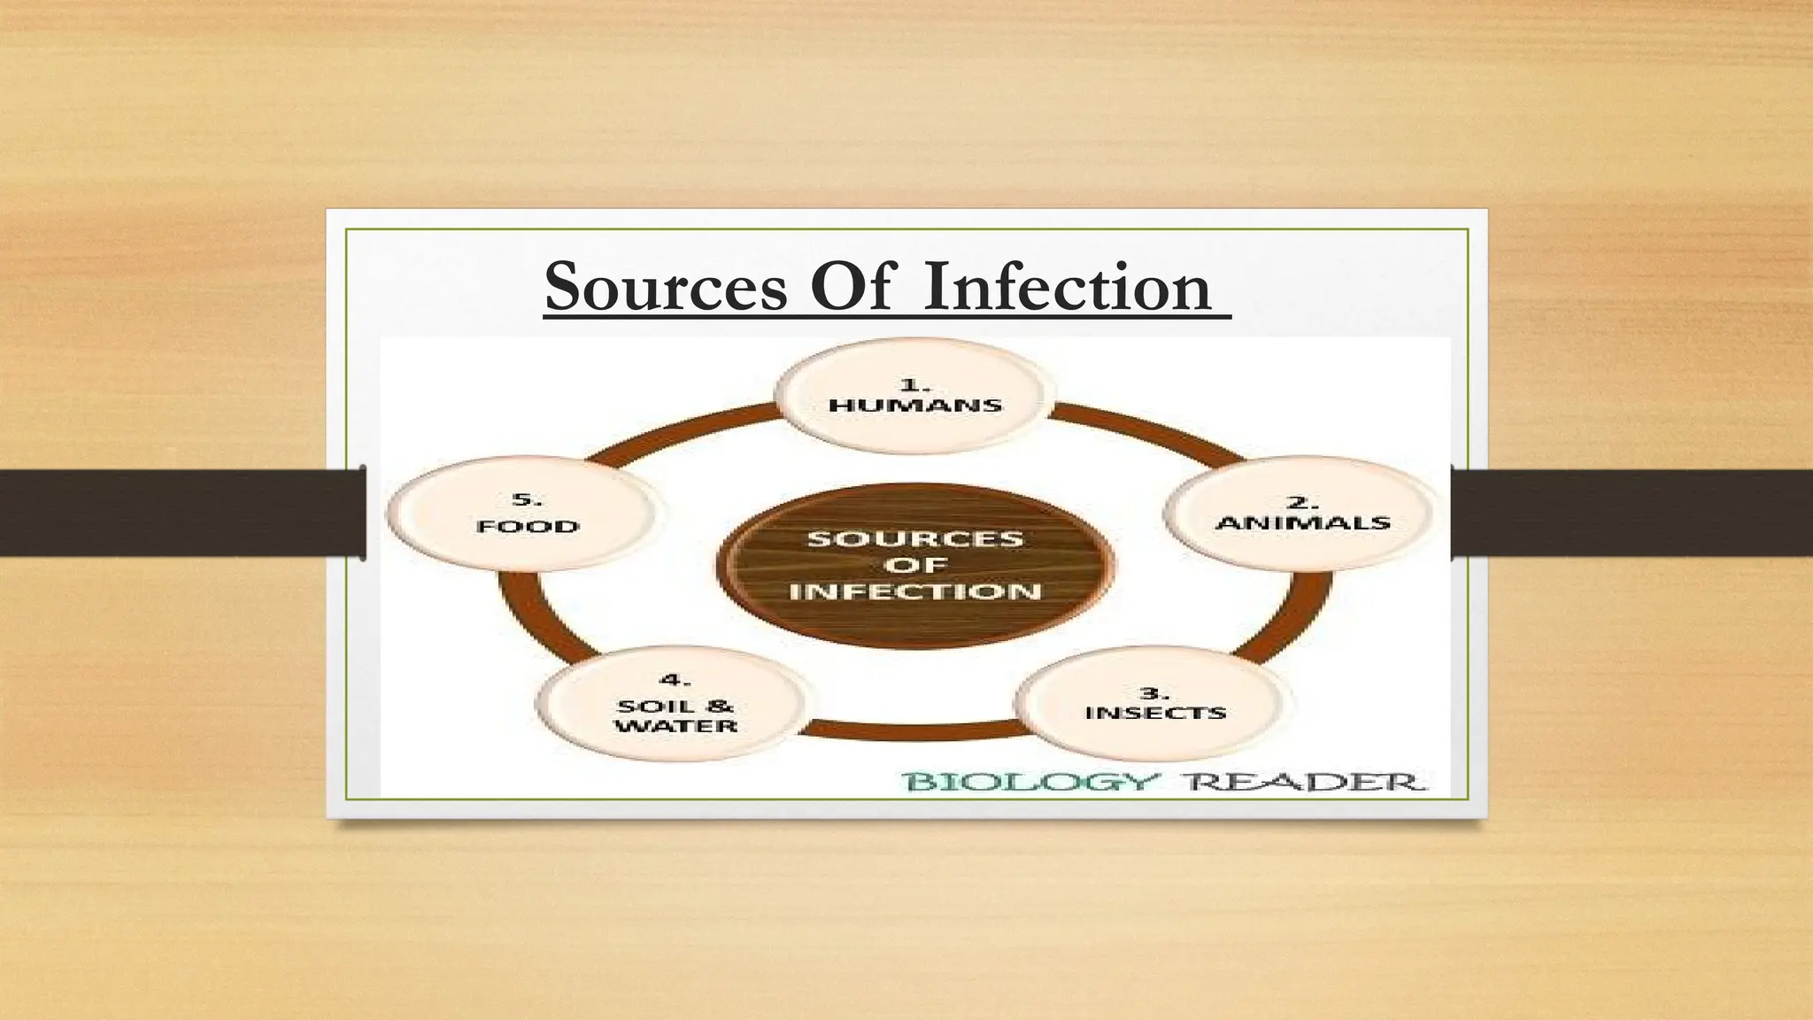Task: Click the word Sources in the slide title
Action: click(665, 287)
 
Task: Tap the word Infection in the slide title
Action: click(1066, 287)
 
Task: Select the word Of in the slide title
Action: click(854, 287)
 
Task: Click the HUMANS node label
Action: click(915, 406)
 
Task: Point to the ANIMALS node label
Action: click(1303, 522)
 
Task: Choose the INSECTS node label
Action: click(1155, 713)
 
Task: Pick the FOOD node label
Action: click(528, 527)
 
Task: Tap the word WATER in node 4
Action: click(676, 726)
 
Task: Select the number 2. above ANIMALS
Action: click(1303, 502)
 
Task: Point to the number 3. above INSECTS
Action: click(1154, 692)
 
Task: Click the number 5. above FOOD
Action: click(528, 500)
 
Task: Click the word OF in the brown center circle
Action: click(915, 565)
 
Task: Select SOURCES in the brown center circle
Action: click(915, 538)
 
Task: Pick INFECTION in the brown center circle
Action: click(915, 591)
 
